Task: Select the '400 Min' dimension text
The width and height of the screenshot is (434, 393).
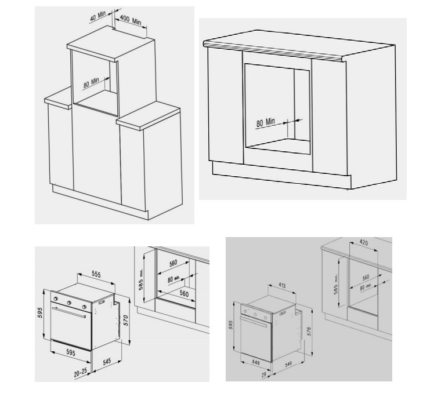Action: (131, 20)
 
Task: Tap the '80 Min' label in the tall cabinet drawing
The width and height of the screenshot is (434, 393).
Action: (91, 83)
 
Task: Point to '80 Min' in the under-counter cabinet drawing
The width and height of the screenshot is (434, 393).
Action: (266, 122)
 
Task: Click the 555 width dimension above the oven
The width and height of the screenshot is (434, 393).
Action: (96, 274)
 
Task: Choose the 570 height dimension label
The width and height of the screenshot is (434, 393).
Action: (126, 321)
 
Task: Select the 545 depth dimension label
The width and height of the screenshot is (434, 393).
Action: (107, 362)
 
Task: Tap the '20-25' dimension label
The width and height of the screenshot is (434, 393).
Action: (80, 373)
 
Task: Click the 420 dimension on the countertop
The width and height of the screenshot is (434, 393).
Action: (364, 242)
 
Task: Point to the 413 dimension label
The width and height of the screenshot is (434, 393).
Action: (282, 285)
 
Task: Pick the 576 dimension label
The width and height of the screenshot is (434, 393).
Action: (309, 331)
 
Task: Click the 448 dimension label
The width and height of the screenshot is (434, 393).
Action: (255, 362)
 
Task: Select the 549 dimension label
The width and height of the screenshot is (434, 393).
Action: (288, 364)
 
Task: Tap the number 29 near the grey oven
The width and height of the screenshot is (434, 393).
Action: (263, 374)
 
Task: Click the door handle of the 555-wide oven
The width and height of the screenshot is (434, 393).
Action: (69, 312)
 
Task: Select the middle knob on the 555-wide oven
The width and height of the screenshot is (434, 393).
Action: (69, 303)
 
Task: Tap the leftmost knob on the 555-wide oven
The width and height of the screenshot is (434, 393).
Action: (56, 299)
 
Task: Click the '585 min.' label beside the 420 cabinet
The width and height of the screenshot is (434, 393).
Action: (336, 284)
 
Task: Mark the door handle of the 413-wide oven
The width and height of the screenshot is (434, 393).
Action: (254, 322)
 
